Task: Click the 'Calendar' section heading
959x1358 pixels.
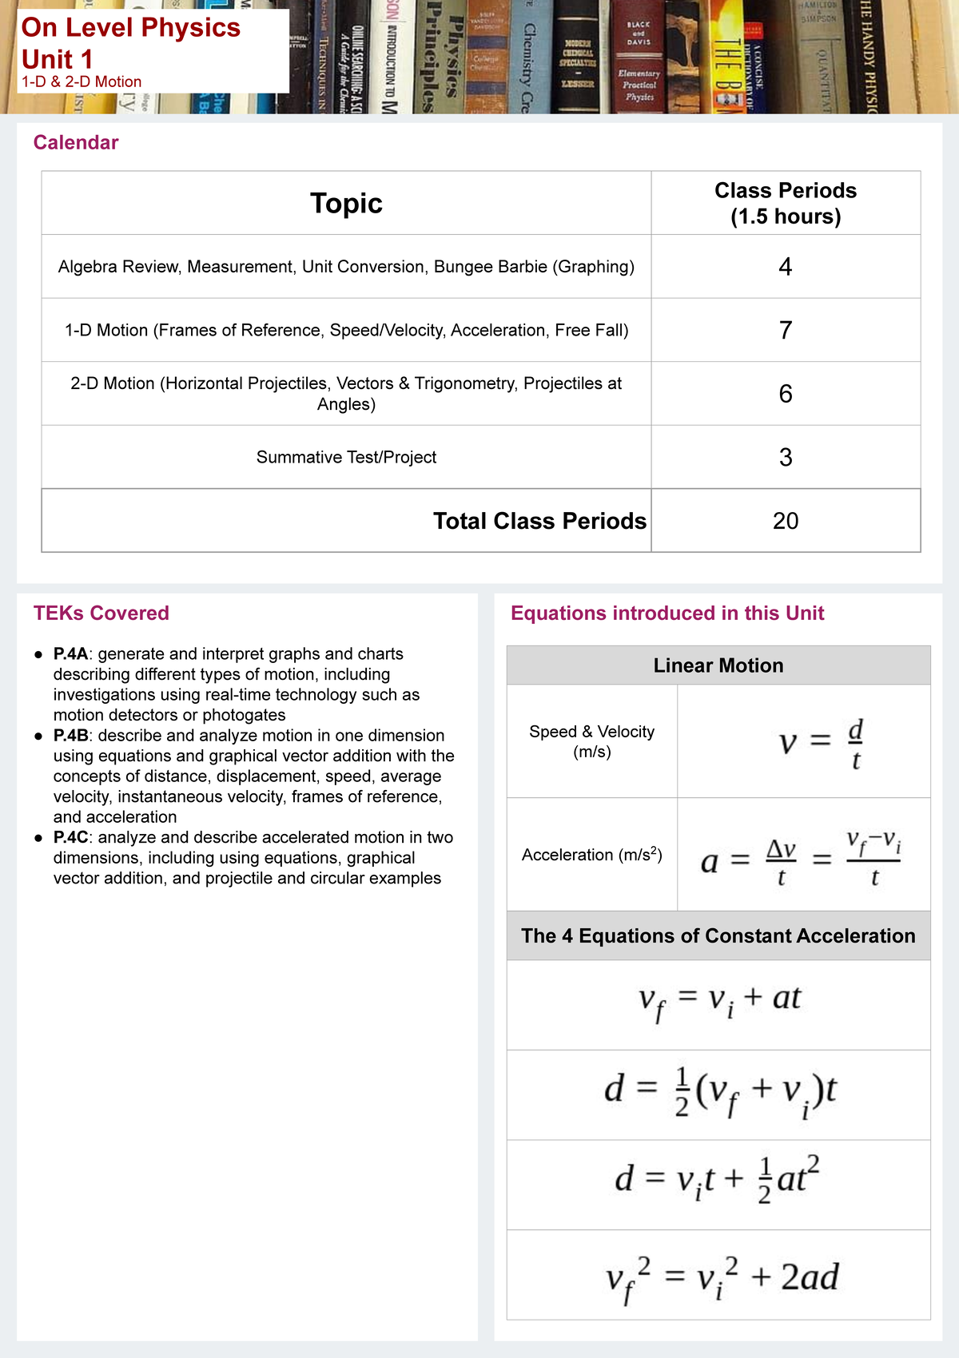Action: [75, 142]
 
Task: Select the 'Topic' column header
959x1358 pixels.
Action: [346, 203]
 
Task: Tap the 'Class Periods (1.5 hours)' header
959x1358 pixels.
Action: [785, 203]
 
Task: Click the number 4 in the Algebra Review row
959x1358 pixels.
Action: [785, 267]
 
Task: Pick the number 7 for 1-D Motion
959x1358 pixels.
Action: [785, 330]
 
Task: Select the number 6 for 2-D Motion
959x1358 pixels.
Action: [785, 393]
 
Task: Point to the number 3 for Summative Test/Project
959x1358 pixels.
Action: [785, 457]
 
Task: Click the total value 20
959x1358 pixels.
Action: [785, 521]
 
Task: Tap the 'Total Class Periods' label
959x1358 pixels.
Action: [539, 521]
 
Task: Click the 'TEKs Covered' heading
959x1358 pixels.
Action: [101, 613]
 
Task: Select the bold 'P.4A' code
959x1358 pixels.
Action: [70, 653]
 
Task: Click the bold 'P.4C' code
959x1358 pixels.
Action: [70, 837]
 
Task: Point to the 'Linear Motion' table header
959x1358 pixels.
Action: [718, 665]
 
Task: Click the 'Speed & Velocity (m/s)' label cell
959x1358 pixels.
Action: [591, 741]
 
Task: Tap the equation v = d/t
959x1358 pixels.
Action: [821, 742]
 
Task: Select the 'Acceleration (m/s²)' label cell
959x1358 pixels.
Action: [591, 855]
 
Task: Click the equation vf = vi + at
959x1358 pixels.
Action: [719, 1002]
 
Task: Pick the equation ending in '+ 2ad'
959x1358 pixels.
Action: [722, 1276]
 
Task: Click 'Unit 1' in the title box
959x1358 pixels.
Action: [58, 59]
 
